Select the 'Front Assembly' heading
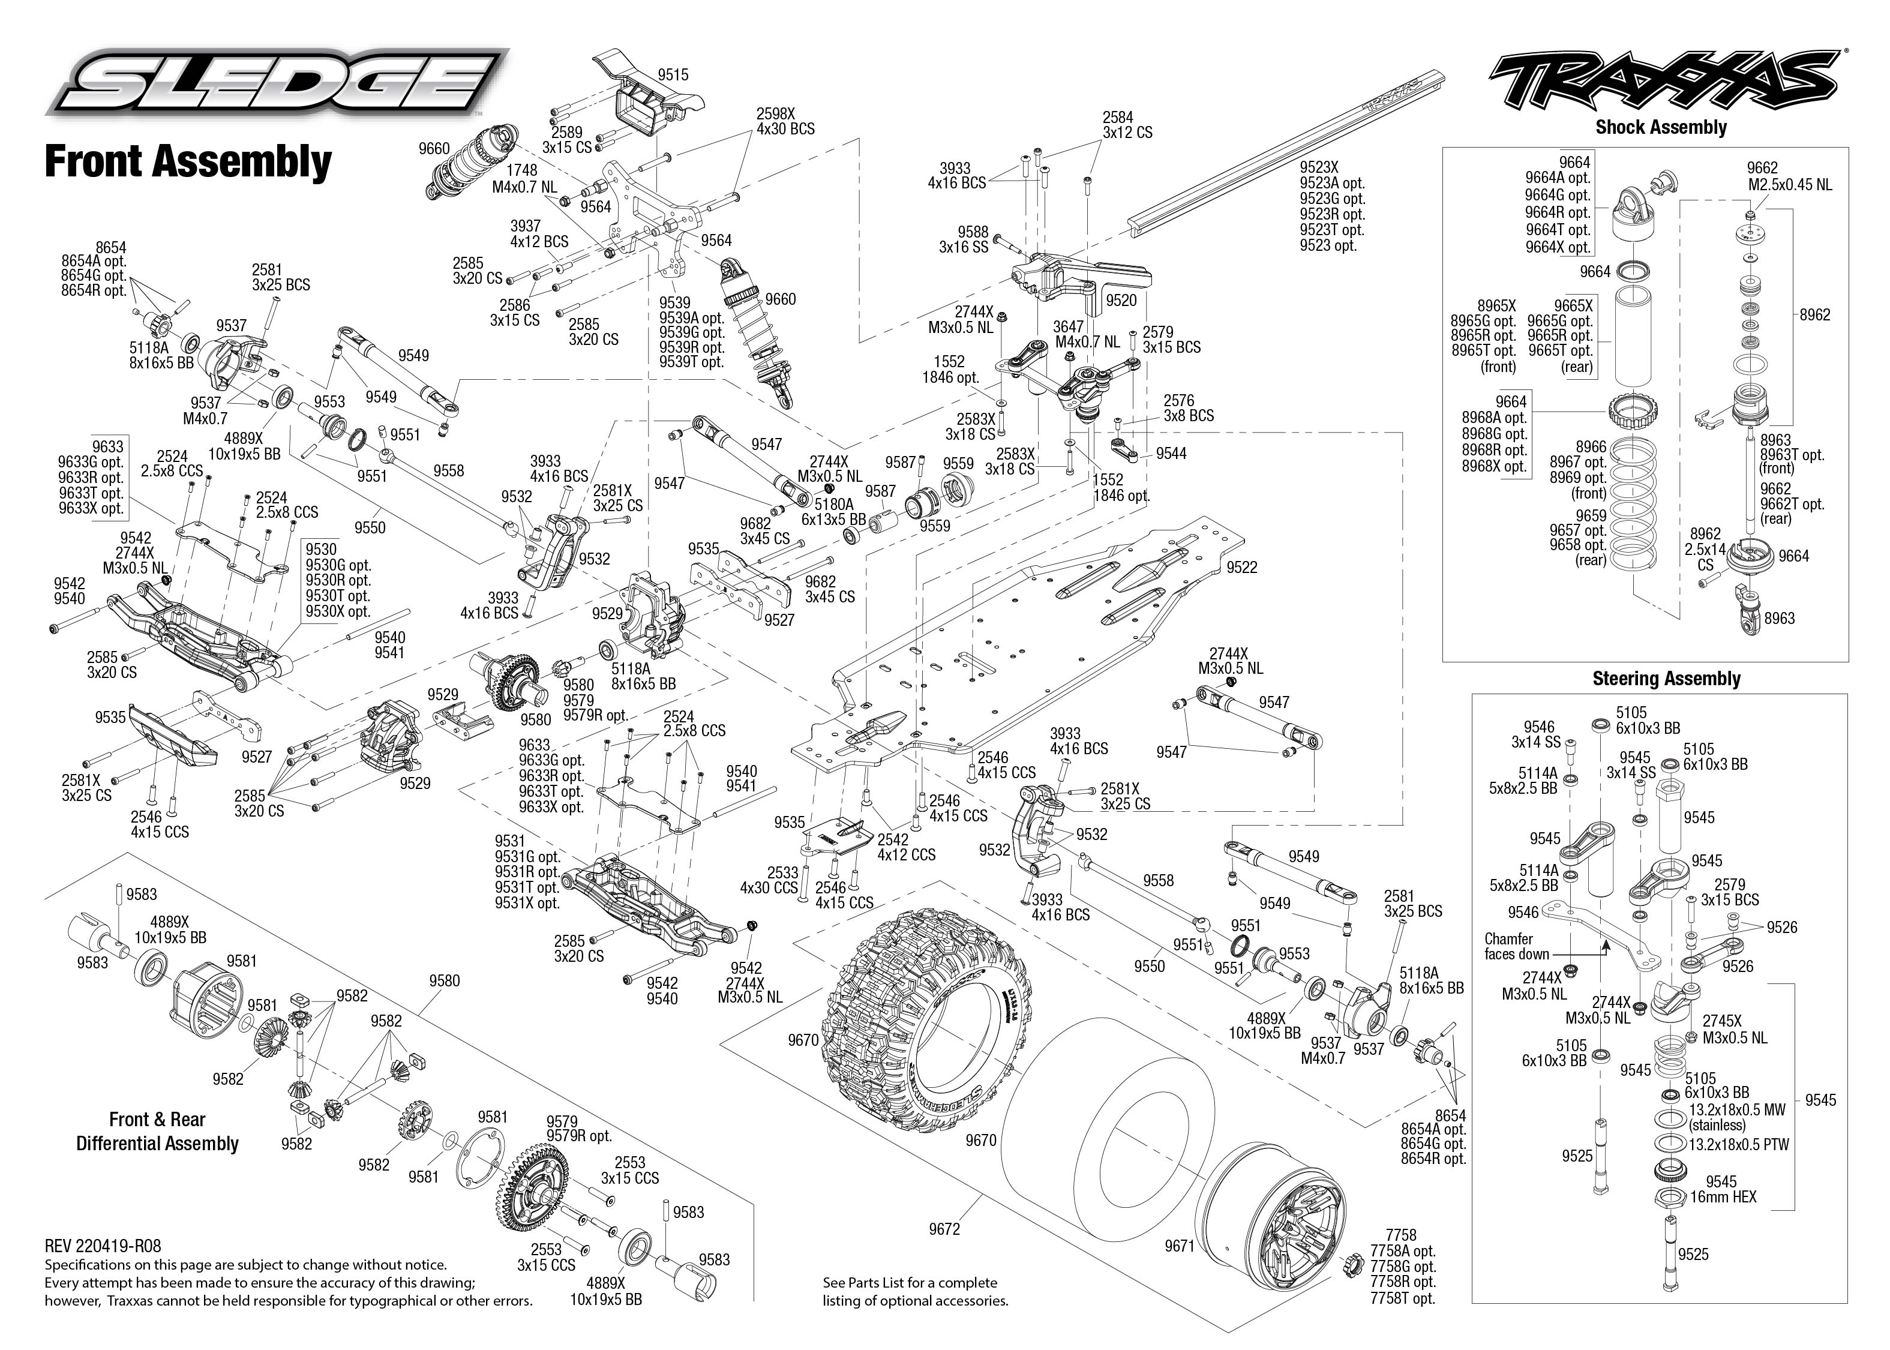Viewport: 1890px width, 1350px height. (x=188, y=161)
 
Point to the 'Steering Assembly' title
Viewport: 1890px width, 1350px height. (x=1666, y=679)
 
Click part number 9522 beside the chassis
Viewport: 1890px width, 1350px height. (x=1242, y=567)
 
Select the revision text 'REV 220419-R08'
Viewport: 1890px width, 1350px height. (x=103, y=1246)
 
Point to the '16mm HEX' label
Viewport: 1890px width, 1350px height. (x=1723, y=1197)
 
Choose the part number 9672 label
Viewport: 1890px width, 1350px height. (x=944, y=1229)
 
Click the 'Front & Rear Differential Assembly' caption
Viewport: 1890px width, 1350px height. (x=157, y=1132)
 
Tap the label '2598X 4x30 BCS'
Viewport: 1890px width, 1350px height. (x=785, y=121)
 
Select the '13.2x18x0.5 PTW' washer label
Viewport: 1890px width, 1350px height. (x=1739, y=1144)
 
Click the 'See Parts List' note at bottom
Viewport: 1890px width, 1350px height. (x=914, y=1292)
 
